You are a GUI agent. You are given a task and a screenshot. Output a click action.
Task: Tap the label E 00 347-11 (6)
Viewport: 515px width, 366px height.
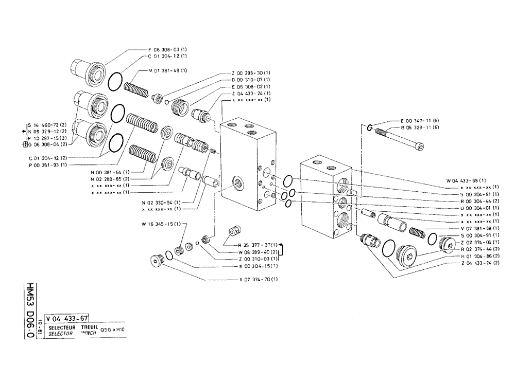click(419, 120)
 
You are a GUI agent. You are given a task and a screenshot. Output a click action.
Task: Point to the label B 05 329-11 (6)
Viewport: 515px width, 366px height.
click(419, 127)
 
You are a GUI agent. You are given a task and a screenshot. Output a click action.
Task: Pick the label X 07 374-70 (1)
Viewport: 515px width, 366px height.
click(259, 280)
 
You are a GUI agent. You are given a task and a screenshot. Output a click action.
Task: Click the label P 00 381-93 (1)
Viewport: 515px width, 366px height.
click(48, 165)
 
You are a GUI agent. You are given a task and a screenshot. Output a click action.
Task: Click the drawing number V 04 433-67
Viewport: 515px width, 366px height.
click(67, 319)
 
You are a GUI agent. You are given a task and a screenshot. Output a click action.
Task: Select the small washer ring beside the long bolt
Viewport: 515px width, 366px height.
click(371, 127)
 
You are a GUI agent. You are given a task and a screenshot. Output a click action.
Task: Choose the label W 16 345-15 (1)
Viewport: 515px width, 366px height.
click(160, 224)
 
